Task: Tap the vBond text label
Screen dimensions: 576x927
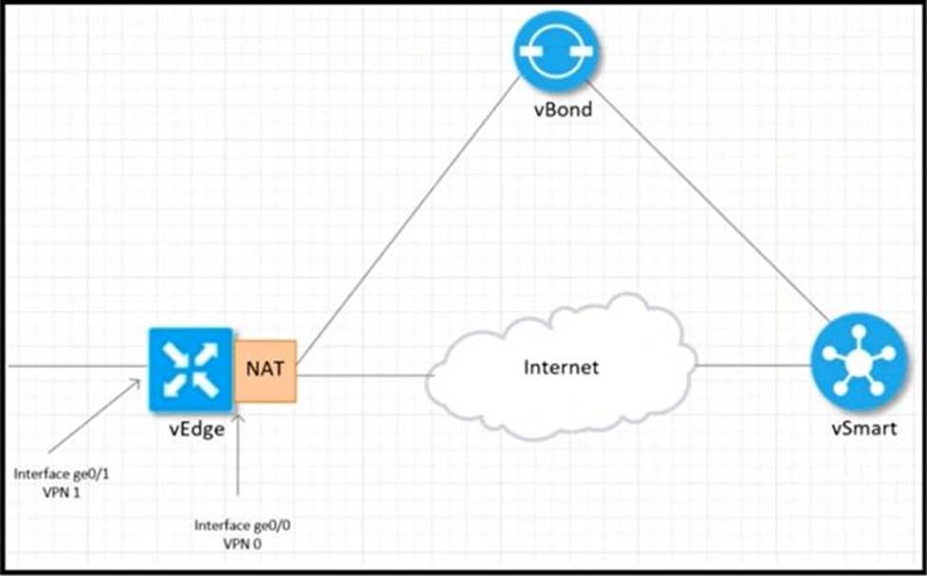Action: [561, 110]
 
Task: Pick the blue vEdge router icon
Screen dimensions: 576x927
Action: [190, 369]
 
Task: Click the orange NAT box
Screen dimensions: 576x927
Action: [266, 370]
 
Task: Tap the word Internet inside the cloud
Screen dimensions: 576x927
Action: [561, 367]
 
